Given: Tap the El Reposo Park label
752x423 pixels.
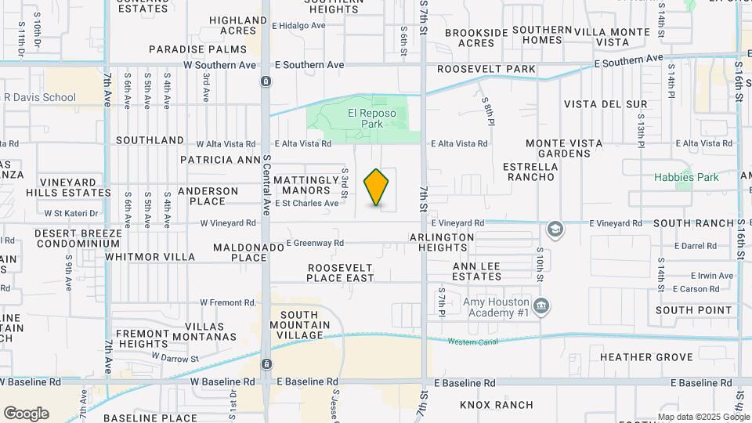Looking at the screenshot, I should coord(372,118).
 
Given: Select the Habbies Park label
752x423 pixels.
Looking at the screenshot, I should coord(686,177).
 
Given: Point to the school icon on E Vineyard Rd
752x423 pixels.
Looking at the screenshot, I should coord(555,229).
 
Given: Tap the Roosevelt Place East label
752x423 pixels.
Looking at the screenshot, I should coord(339,273).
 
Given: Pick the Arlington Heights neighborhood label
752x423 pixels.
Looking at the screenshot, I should coord(442,242).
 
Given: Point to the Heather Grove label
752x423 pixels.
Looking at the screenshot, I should coord(646,357).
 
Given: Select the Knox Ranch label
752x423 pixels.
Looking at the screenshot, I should coord(497,405).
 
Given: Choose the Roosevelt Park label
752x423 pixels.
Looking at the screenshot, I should coord(486,69).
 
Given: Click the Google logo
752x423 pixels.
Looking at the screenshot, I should coord(26,414).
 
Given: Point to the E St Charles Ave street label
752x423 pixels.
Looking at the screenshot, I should coord(307,203).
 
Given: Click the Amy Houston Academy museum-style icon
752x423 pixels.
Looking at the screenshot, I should coord(540,305).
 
